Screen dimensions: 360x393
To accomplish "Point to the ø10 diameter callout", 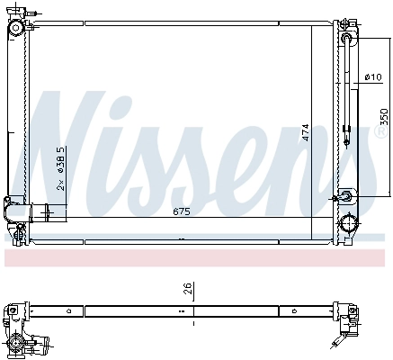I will click(x=371, y=78).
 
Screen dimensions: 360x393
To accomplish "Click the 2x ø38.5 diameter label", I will click(x=60, y=167).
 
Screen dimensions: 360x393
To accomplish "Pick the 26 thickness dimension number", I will click(x=186, y=289).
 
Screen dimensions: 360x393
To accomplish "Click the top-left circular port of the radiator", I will click(x=16, y=29).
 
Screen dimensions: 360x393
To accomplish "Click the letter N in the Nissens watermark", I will click(x=72, y=135).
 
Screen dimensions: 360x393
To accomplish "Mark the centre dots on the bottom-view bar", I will click(x=193, y=312).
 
